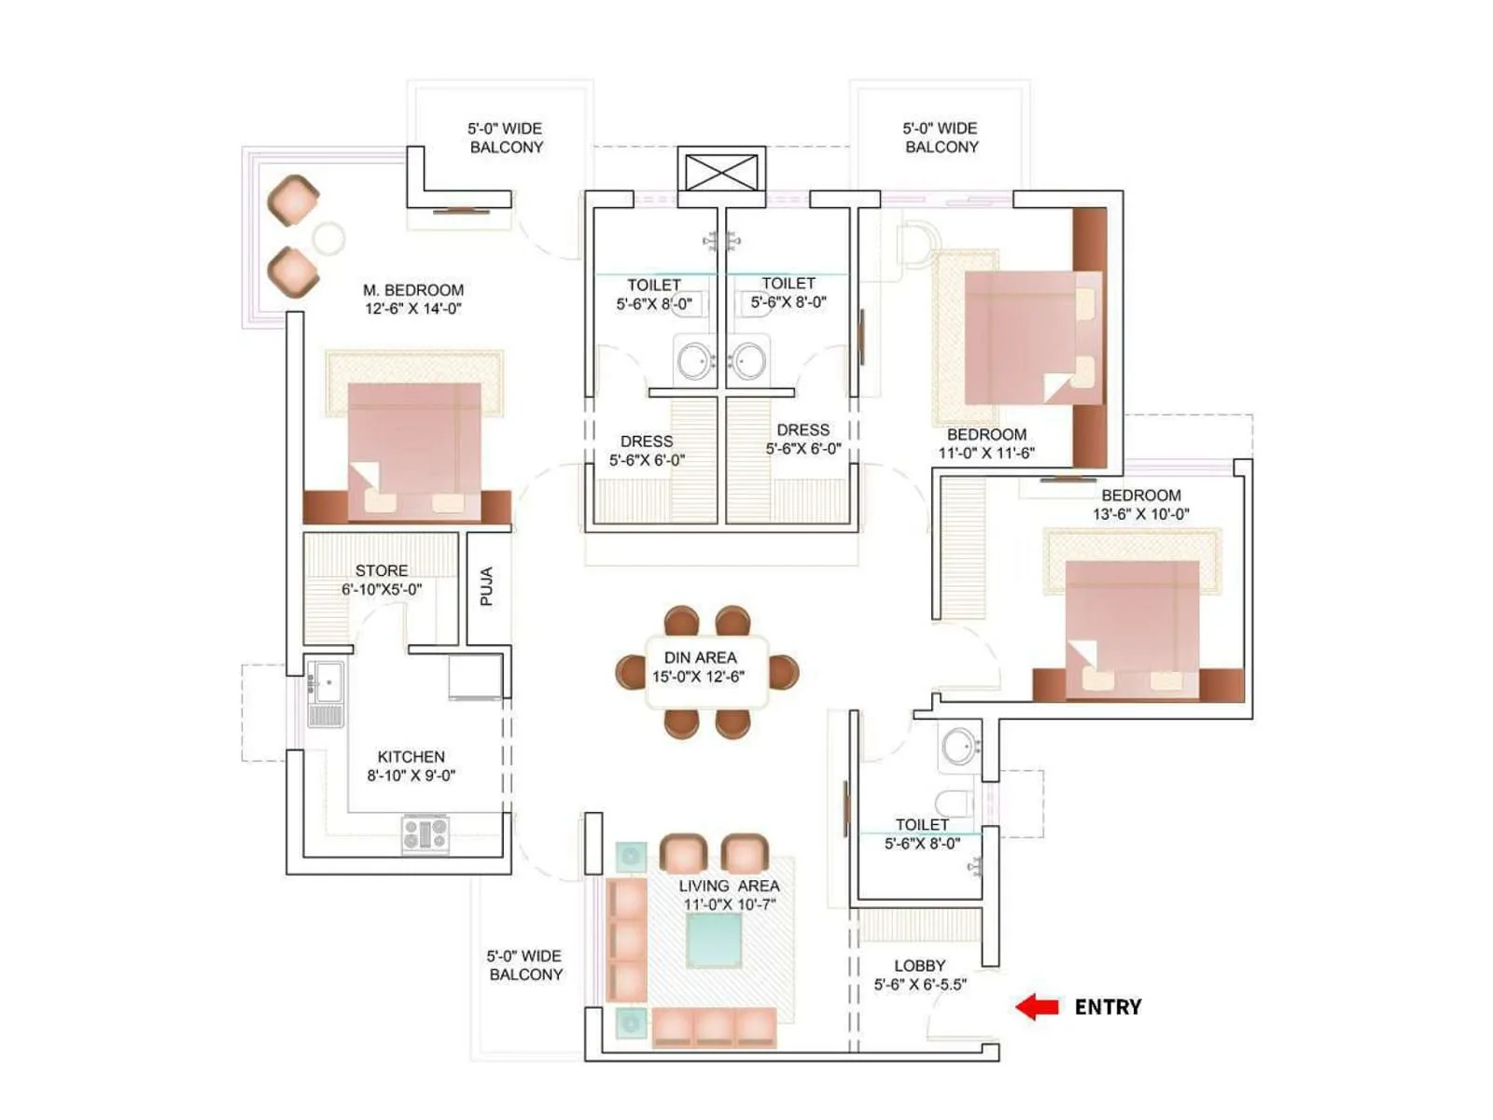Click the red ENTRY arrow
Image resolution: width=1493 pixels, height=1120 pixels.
pyautogui.click(x=1036, y=1006)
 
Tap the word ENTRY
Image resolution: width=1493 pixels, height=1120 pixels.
pyautogui.click(x=1108, y=1007)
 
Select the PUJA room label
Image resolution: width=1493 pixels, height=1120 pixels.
pyautogui.click(x=486, y=586)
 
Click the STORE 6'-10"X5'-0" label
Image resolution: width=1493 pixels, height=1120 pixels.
pyautogui.click(x=381, y=580)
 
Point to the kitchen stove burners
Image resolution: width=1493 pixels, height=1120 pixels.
pyautogui.click(x=426, y=833)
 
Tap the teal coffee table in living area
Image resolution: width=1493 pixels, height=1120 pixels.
pyautogui.click(x=714, y=940)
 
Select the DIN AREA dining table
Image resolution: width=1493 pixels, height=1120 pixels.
pyautogui.click(x=706, y=672)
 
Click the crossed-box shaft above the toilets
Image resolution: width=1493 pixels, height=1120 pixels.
pyautogui.click(x=721, y=173)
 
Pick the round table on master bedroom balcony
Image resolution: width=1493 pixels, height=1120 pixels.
pyautogui.click(x=328, y=239)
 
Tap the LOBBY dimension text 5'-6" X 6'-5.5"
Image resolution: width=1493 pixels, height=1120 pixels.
pyautogui.click(x=920, y=985)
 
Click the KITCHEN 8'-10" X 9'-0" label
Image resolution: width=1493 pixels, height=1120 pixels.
pyautogui.click(x=411, y=765)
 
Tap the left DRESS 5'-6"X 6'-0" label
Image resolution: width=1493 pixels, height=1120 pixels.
pyautogui.click(x=647, y=451)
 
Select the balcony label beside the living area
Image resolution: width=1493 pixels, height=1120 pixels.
pyautogui.click(x=525, y=965)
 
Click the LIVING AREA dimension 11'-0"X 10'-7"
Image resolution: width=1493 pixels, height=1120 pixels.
pyautogui.click(x=729, y=904)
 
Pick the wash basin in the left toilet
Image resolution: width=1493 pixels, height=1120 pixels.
pyautogui.click(x=694, y=360)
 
